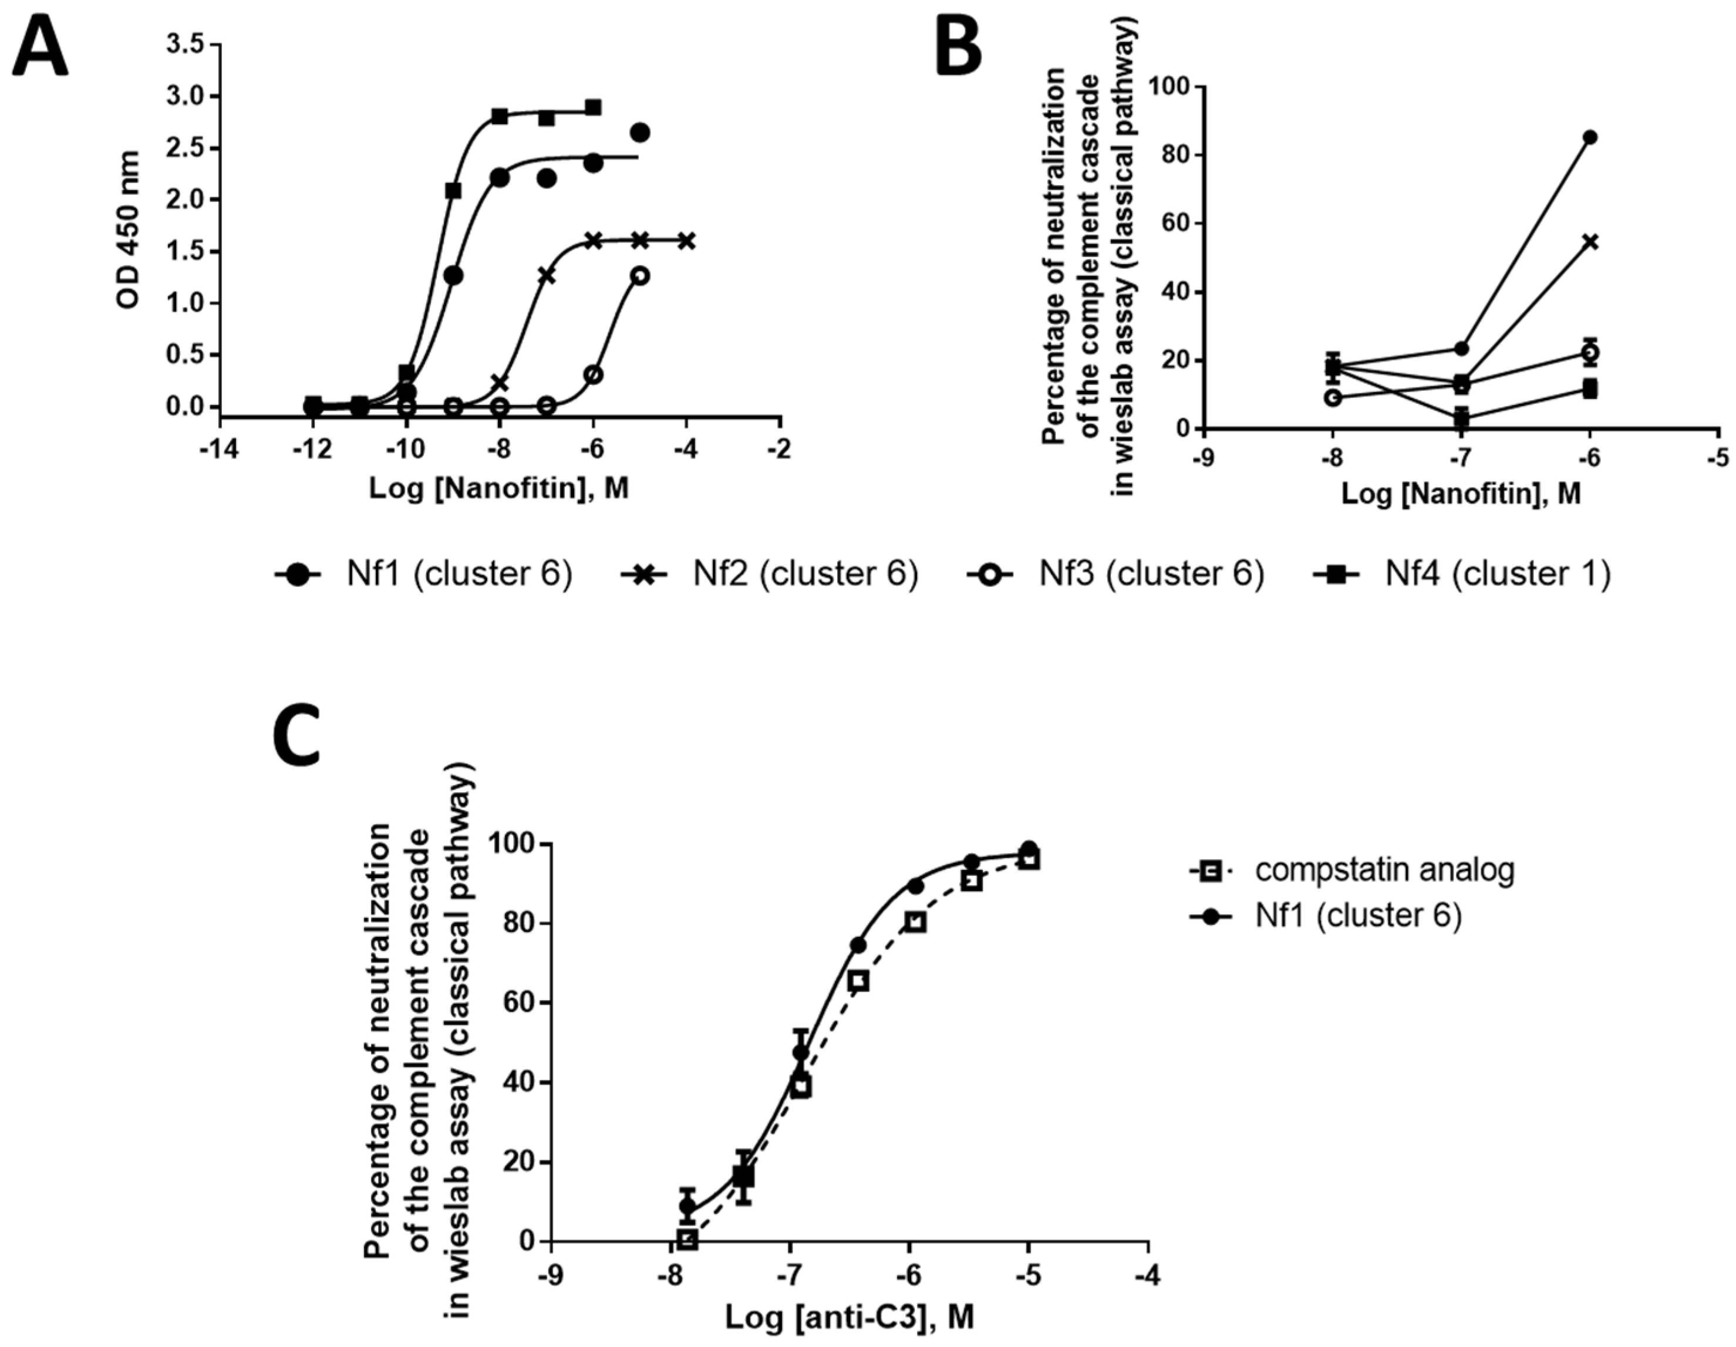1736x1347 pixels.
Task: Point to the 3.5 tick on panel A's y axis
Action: point(184,45)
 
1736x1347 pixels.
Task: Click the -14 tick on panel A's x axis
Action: point(220,449)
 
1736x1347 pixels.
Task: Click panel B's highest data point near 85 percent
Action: point(1590,137)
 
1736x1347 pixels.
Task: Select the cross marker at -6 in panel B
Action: point(1590,242)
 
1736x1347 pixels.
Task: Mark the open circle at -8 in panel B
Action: point(1334,397)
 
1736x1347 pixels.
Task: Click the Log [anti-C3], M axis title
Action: point(849,1317)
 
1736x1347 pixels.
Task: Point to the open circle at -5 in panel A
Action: point(640,276)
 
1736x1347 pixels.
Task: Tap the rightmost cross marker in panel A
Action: point(687,241)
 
